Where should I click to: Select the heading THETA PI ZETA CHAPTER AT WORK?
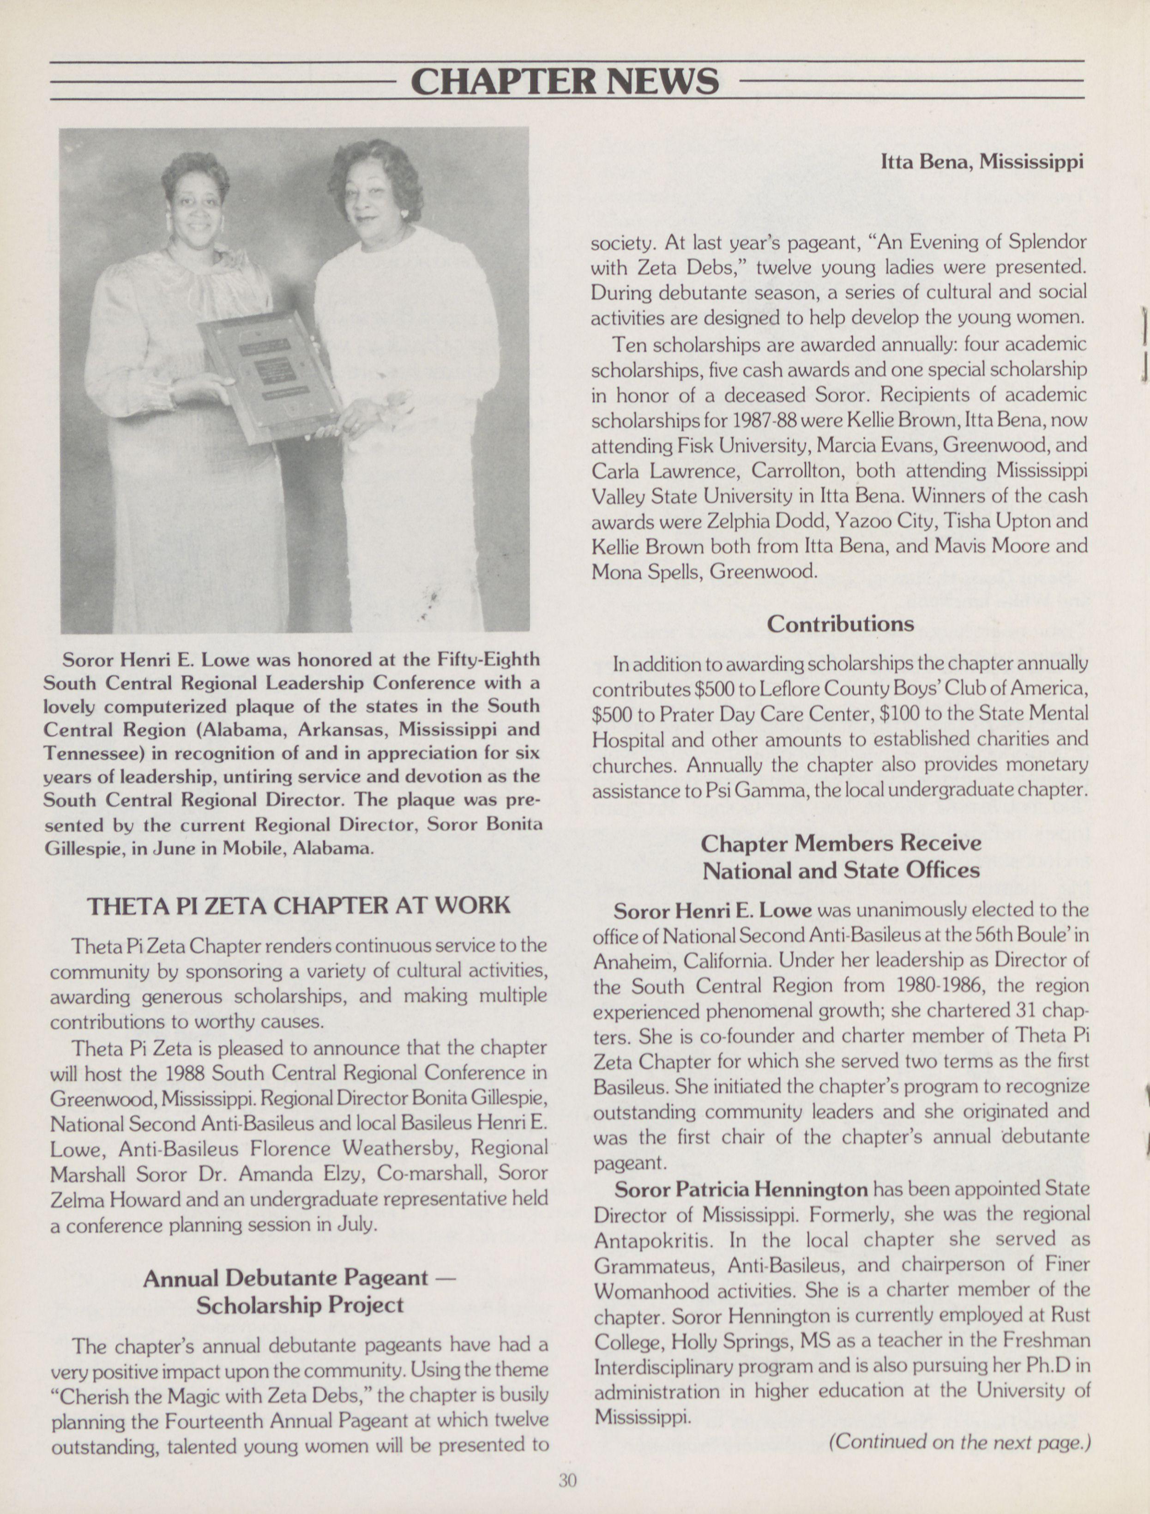pyautogui.click(x=298, y=905)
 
